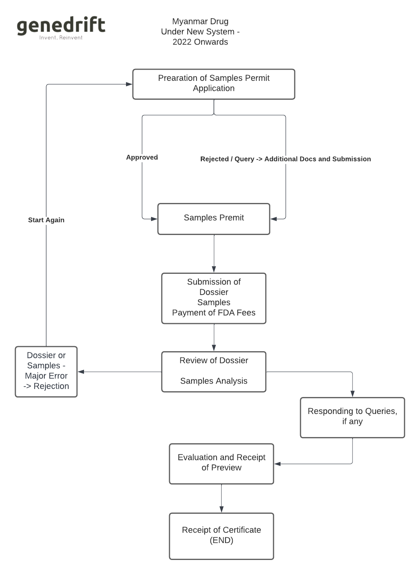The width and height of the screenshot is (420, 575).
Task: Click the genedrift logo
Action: click(61, 25)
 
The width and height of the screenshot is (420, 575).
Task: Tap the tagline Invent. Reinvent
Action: click(61, 38)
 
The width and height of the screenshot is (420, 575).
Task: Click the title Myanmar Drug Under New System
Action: click(200, 32)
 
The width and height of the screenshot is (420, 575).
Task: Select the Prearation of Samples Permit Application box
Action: click(213, 84)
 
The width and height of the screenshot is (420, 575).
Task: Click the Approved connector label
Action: click(142, 157)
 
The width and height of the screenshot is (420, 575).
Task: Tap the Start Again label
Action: click(46, 220)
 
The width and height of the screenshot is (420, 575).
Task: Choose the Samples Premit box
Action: click(213, 218)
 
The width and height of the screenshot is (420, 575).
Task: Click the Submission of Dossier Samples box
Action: click(213, 298)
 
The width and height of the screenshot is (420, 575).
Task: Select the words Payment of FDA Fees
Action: click(213, 313)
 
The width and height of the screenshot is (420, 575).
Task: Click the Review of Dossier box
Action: click(213, 371)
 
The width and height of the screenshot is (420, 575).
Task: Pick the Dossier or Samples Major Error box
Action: click(46, 371)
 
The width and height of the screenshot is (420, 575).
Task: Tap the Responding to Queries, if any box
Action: click(352, 417)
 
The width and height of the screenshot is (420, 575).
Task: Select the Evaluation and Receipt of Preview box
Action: click(221, 463)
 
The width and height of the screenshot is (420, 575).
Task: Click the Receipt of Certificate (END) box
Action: click(221, 536)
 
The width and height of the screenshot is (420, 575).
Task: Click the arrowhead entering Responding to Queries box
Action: click(352, 394)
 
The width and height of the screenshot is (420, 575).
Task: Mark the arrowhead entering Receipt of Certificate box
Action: click(221, 509)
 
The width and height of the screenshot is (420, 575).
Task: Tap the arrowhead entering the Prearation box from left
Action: click(129, 84)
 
